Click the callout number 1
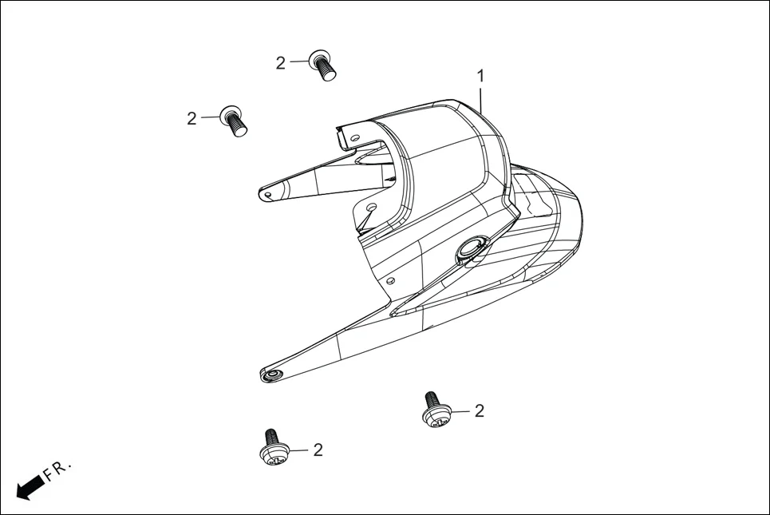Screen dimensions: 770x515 480,76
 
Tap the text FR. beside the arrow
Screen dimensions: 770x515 58,470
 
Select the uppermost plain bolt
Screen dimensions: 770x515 322,65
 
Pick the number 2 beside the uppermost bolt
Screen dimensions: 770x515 280,63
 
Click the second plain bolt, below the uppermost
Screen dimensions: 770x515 234,121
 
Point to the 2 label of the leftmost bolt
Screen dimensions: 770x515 192,119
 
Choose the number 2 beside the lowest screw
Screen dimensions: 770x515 318,450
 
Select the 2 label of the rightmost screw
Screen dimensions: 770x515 480,411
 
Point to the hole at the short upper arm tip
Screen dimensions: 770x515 270,192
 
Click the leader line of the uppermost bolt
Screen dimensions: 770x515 298,61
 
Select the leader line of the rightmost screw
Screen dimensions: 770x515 460,412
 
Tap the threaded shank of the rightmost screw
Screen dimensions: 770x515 432,399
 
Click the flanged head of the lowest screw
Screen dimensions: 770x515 273,456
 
